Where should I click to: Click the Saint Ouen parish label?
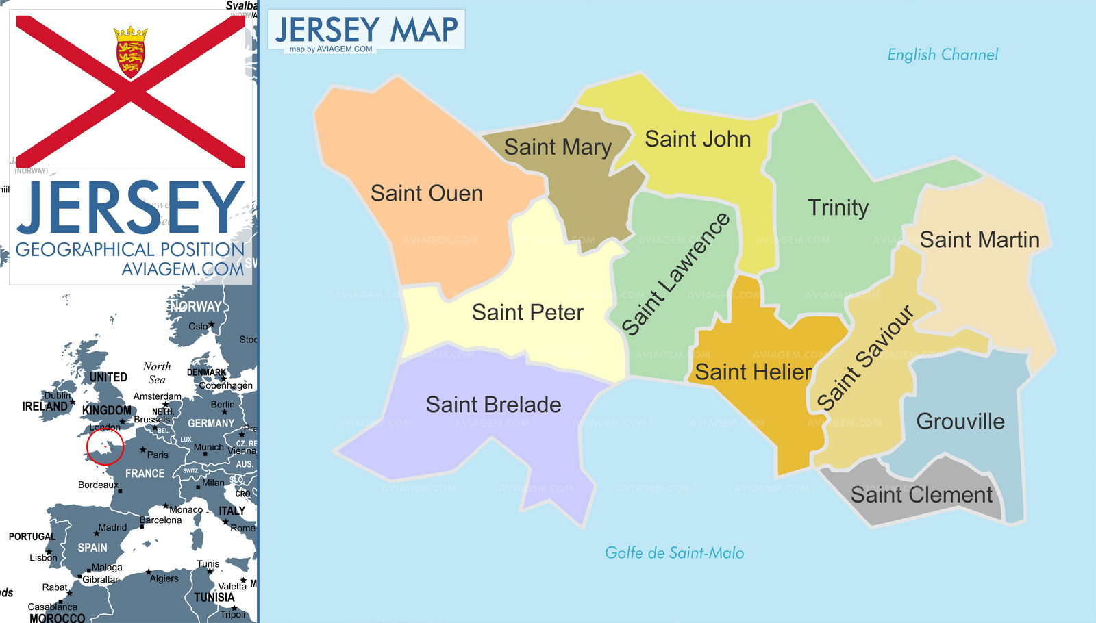coord(426,194)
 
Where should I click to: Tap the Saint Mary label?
coord(558,147)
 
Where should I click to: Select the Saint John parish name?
coord(697,139)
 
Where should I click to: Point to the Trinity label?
coord(838,207)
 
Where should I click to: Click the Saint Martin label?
coord(979,240)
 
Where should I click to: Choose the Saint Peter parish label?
coord(527,313)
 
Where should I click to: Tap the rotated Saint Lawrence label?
coord(675,274)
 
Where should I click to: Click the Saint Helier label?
coord(753,372)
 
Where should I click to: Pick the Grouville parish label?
coord(960,421)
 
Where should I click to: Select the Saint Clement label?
coord(921,494)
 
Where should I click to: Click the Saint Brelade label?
coord(493,405)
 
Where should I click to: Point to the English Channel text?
coord(943,55)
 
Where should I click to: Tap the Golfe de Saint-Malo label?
coord(674,553)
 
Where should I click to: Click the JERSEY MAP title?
coord(366,30)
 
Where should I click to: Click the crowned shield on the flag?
coord(131,51)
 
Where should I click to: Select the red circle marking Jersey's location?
coord(105,446)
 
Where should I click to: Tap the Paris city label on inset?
coord(157,455)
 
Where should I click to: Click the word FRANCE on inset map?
coord(145,473)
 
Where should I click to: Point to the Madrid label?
coord(112,527)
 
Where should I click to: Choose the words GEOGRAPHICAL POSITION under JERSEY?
coord(129,249)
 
